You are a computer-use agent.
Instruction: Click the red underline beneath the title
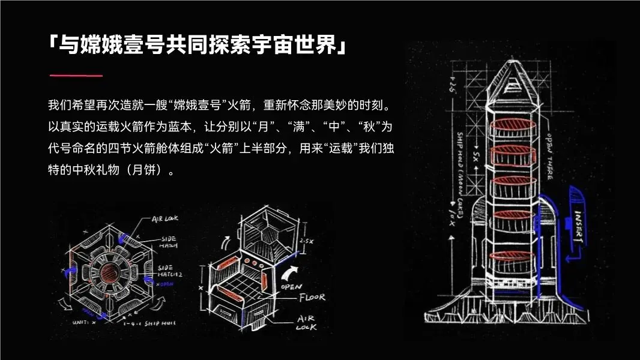point(76,76)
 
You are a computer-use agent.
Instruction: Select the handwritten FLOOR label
point(312,297)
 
